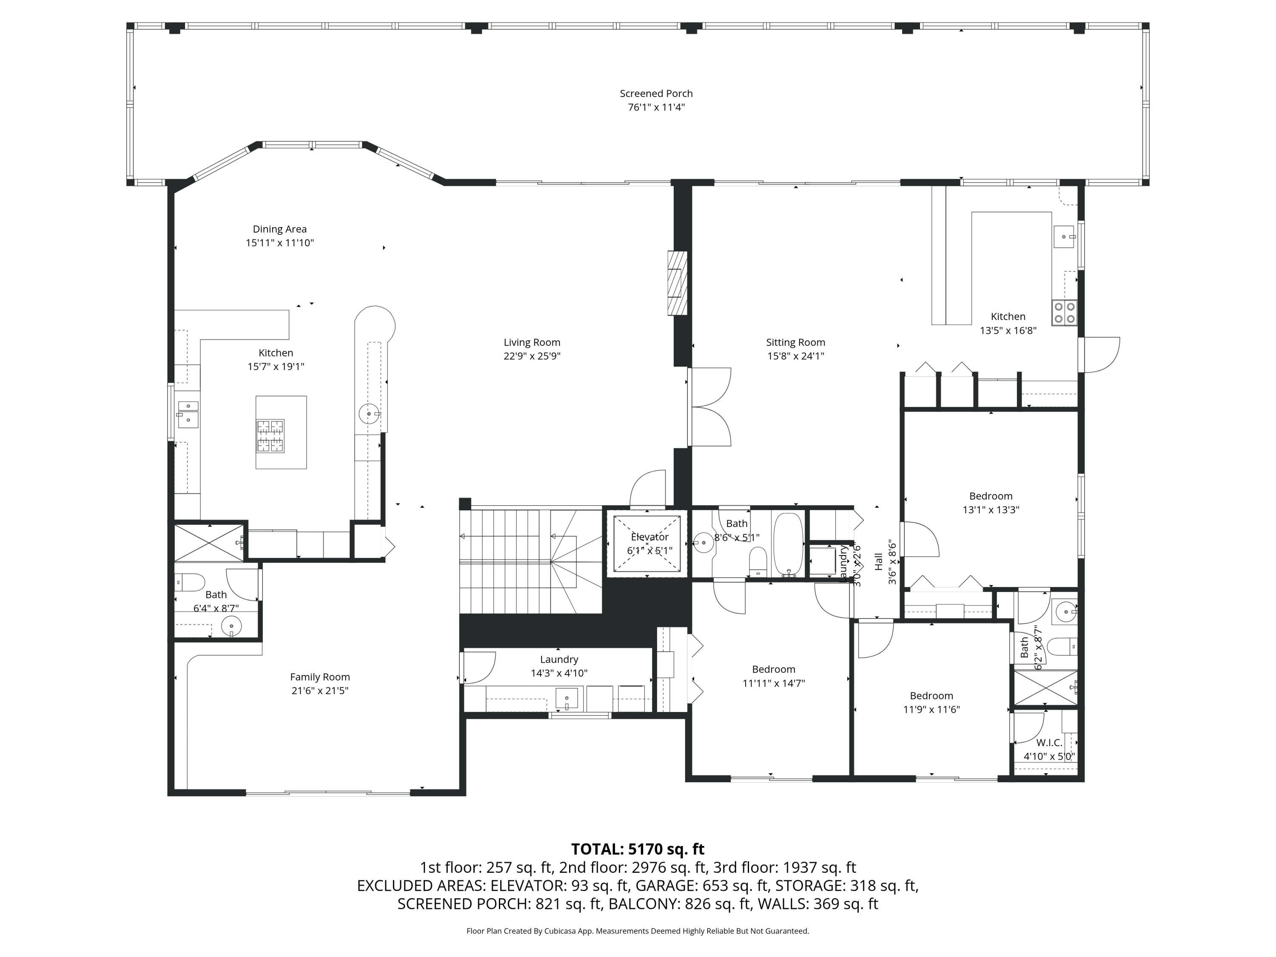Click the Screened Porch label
coord(656,94)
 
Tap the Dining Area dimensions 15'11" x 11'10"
coord(280,243)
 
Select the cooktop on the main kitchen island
coord(271,436)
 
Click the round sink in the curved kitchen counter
coord(369,413)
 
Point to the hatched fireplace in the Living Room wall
coord(677,283)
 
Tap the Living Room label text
coord(532,342)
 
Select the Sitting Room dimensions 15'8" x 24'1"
coord(795,356)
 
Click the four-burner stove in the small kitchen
coord(1064,313)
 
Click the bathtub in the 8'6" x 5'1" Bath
coord(787,544)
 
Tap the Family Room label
coord(319,677)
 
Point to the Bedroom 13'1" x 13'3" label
coord(991,496)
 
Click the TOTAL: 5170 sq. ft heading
coord(638,849)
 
